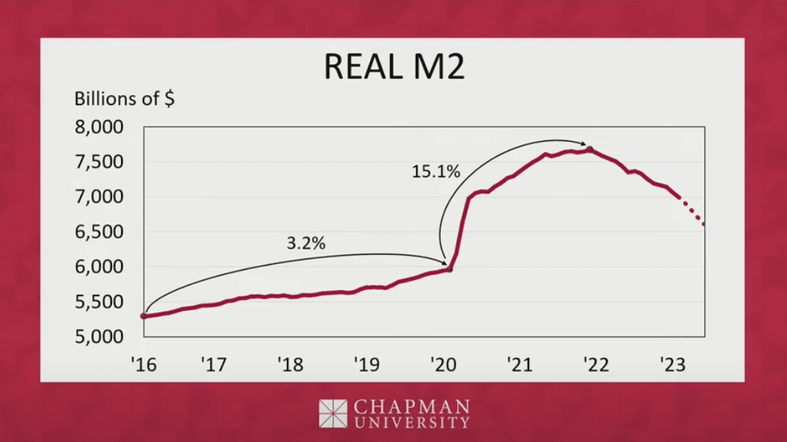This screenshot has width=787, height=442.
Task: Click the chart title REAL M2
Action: pyautogui.click(x=393, y=67)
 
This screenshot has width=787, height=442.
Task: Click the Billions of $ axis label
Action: pyautogui.click(x=124, y=99)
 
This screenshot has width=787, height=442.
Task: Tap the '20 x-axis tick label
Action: pyautogui.click(x=443, y=363)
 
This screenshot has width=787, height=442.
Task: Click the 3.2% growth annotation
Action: pyautogui.click(x=306, y=244)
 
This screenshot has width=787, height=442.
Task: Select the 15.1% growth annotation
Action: pyautogui.click(x=436, y=172)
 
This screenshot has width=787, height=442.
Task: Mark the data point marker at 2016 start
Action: pyautogui.click(x=144, y=315)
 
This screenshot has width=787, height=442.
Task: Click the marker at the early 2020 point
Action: pyautogui.click(x=449, y=269)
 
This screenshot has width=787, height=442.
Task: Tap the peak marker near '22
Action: pyautogui.click(x=589, y=149)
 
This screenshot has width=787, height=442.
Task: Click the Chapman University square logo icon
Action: pyautogui.click(x=333, y=413)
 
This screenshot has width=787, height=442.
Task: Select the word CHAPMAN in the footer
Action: pyautogui.click(x=410, y=406)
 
